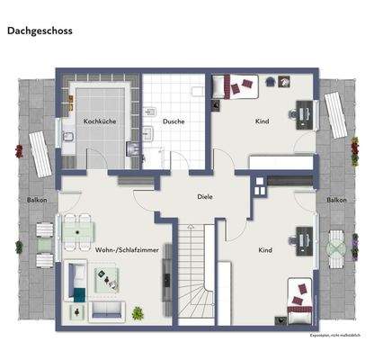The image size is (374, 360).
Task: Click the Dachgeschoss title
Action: (40, 30)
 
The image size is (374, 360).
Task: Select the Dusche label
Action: (174, 121)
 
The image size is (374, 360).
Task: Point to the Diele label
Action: (205, 195)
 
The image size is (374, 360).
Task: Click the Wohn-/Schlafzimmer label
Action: (120, 249)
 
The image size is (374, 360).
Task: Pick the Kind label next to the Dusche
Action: (263, 121)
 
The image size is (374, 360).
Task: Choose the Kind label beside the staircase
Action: (265, 249)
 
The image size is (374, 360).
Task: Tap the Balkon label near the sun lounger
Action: (37, 200)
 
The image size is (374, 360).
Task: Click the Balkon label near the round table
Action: (337, 200)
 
